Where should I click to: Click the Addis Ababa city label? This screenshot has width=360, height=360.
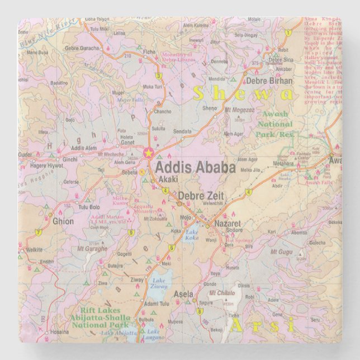point(195,167)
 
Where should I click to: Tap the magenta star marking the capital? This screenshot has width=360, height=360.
point(148,152)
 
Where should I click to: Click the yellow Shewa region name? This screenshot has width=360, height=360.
point(243,93)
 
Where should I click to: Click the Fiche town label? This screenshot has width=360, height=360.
point(150,52)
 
